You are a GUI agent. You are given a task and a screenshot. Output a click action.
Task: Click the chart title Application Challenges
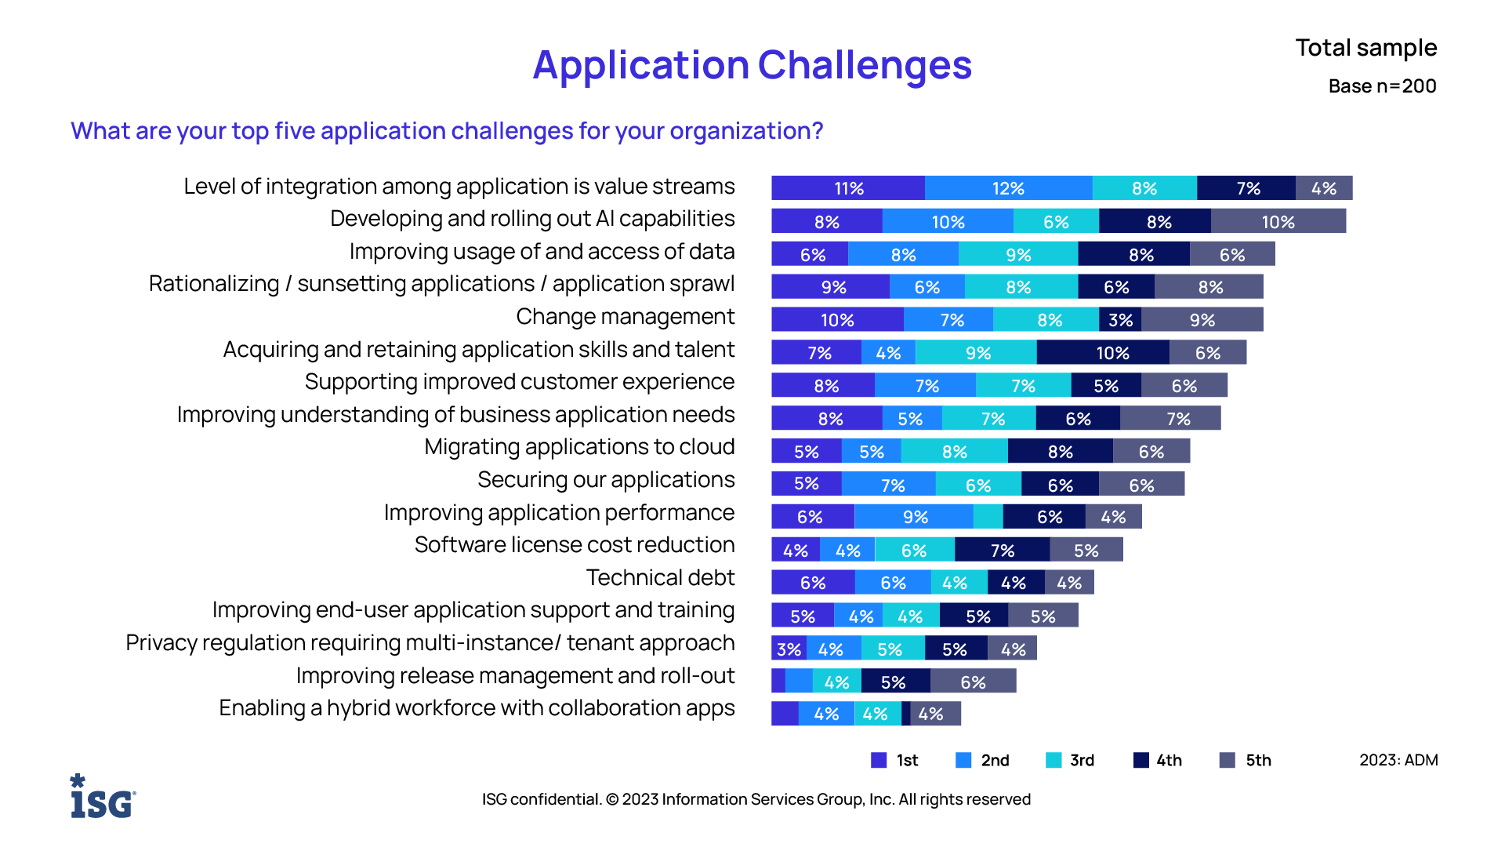point(752,65)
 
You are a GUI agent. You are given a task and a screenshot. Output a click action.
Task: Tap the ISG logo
point(103,797)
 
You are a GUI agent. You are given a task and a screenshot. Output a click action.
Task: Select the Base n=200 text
point(1382,86)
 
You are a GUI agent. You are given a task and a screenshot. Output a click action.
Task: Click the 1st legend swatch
point(879,760)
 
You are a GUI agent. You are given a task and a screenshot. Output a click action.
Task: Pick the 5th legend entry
point(1246,760)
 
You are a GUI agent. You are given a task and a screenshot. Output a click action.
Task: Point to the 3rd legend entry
point(1070,760)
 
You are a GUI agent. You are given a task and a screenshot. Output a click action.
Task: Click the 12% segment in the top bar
point(1008,188)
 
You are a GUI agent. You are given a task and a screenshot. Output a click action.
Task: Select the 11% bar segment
point(848,188)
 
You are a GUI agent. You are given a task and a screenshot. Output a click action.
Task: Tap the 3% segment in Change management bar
point(1120,320)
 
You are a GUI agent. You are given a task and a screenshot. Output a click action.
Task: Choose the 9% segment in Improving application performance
point(914,517)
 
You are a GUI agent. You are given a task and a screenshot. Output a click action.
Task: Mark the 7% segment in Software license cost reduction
point(1002,551)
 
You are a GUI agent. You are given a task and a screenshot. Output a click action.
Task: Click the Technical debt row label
point(660,578)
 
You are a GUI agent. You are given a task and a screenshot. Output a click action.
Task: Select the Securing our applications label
point(606,480)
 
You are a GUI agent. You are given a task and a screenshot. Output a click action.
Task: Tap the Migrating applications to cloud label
point(579,447)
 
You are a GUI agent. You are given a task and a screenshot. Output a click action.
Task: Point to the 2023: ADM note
point(1398,760)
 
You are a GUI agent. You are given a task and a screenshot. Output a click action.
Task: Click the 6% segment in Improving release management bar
point(973,682)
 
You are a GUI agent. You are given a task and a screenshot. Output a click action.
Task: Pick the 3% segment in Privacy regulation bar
point(789,649)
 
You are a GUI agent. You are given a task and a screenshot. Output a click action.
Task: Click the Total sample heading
point(1365,48)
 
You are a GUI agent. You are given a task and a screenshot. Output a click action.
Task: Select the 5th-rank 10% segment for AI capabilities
point(1278,222)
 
